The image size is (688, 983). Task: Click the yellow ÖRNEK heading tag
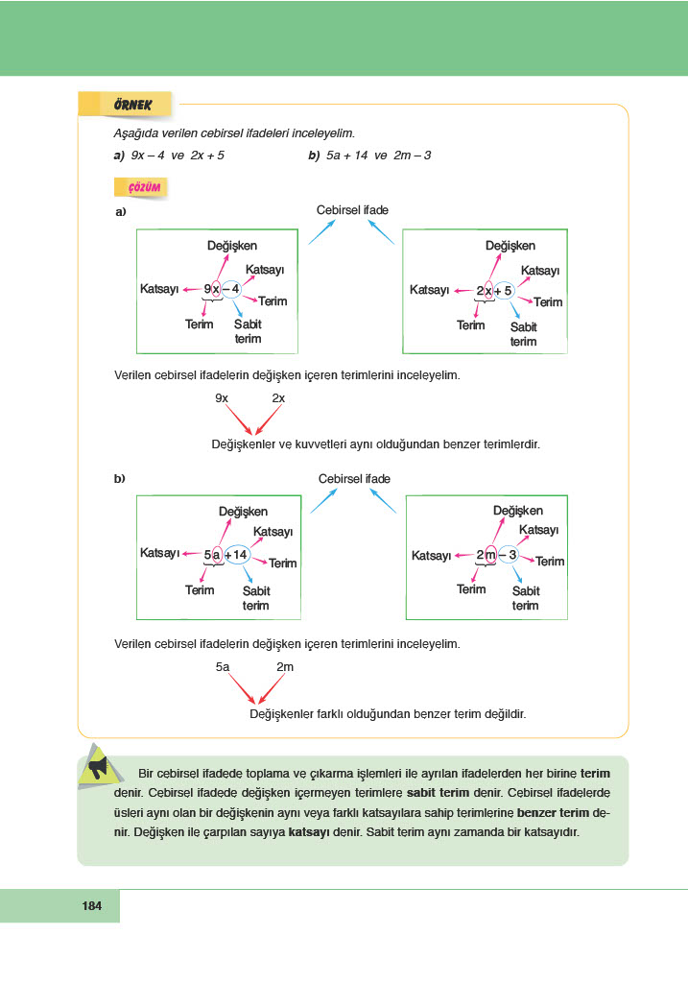point(124,104)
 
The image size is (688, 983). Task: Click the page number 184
point(92,906)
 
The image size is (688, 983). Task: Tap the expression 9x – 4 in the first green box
point(222,289)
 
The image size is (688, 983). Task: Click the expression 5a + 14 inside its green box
point(226,555)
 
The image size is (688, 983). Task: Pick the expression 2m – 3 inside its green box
point(496,556)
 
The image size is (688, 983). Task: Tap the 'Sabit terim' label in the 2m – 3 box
point(526,598)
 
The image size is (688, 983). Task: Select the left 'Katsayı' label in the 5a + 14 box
point(160,553)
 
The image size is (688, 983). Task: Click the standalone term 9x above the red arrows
point(222,397)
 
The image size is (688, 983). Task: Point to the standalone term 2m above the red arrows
point(285,666)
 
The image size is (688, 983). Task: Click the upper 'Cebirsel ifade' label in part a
point(352,209)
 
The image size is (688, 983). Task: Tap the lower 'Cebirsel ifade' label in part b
point(354,478)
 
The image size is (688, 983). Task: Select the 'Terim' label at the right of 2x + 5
point(548,302)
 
